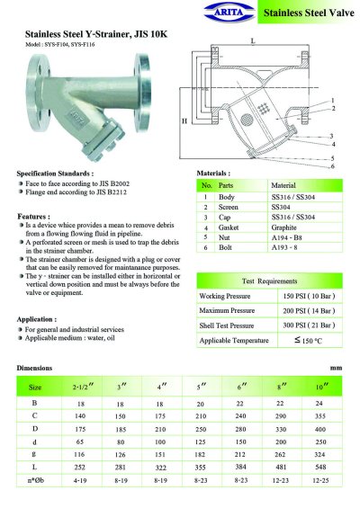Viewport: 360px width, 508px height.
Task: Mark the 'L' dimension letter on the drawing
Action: click(x=253, y=40)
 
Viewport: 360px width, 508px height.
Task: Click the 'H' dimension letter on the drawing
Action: click(x=184, y=120)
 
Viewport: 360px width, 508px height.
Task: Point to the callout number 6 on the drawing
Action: click(x=333, y=166)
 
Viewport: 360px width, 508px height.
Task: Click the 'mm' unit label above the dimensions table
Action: click(x=337, y=369)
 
